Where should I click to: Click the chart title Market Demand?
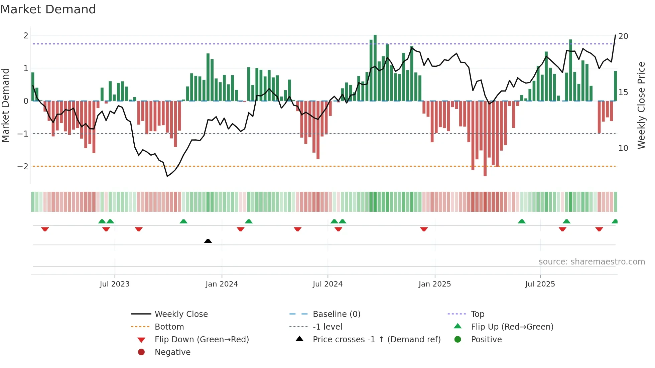click(x=48, y=9)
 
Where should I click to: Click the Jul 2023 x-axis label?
click(x=115, y=284)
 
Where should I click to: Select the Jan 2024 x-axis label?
click(x=222, y=284)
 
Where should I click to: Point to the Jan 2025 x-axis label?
click(x=434, y=284)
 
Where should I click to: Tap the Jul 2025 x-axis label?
click(x=540, y=284)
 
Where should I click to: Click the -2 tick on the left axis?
click(x=23, y=166)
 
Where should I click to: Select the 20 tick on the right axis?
click(x=623, y=36)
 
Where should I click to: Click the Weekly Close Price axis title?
click(x=641, y=105)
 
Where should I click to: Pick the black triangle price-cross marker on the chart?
click(x=208, y=241)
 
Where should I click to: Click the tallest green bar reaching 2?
click(x=375, y=67)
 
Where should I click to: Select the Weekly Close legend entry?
click(x=181, y=314)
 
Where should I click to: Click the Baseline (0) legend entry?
click(x=336, y=314)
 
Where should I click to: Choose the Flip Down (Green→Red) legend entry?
click(x=202, y=339)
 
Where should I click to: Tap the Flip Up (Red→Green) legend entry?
click(x=512, y=327)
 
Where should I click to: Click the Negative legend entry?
click(x=172, y=352)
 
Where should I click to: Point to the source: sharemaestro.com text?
click(x=592, y=261)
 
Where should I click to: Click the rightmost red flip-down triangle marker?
click(x=599, y=229)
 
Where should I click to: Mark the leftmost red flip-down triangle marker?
click(x=45, y=229)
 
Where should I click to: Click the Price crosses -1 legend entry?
click(x=376, y=339)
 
